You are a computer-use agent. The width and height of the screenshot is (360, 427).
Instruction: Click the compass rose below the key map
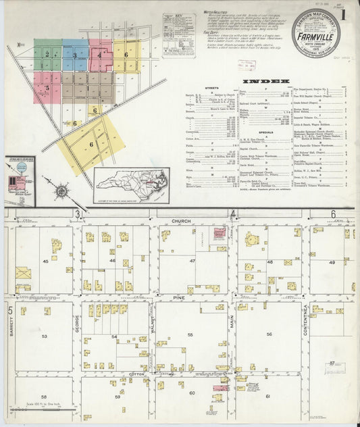tap(61, 191)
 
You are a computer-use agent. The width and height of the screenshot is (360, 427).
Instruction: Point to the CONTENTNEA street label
tap(305, 320)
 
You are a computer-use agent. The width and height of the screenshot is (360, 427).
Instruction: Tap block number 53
tap(44, 335)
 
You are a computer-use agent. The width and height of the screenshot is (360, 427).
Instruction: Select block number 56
tap(268, 334)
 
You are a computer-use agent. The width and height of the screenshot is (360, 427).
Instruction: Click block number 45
tap(46, 260)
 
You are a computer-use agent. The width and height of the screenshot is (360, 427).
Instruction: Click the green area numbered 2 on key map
tap(47, 53)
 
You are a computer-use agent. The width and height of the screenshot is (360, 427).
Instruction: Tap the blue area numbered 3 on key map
tap(74, 55)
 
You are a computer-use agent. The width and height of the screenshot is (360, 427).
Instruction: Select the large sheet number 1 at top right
tap(344, 13)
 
